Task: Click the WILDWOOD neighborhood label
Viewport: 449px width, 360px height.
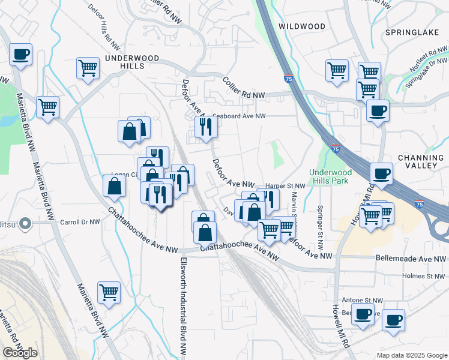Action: click(x=302, y=26)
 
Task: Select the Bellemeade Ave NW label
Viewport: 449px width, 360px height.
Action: click(x=411, y=259)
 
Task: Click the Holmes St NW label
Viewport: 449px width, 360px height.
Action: click(x=426, y=277)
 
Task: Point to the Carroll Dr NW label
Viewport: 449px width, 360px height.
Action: click(x=80, y=222)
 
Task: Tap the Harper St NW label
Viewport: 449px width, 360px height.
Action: click(x=285, y=186)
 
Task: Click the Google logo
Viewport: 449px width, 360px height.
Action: click(x=20, y=352)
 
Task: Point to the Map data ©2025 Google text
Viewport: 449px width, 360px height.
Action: click(x=411, y=355)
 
